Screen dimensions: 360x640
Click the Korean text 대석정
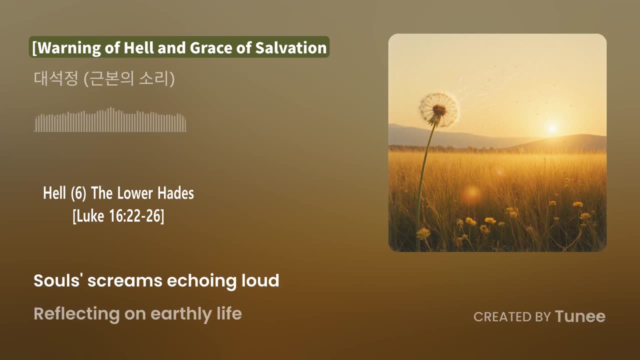[55, 79]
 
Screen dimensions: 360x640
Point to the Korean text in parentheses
[129, 79]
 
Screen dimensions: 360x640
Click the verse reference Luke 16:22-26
[118, 216]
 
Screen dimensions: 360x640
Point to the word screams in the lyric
[125, 281]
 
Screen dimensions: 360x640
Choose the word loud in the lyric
[261, 280]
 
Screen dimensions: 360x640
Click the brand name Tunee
[580, 316]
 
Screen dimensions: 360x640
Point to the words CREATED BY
[512, 317]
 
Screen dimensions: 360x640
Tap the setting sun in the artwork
[552, 128]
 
